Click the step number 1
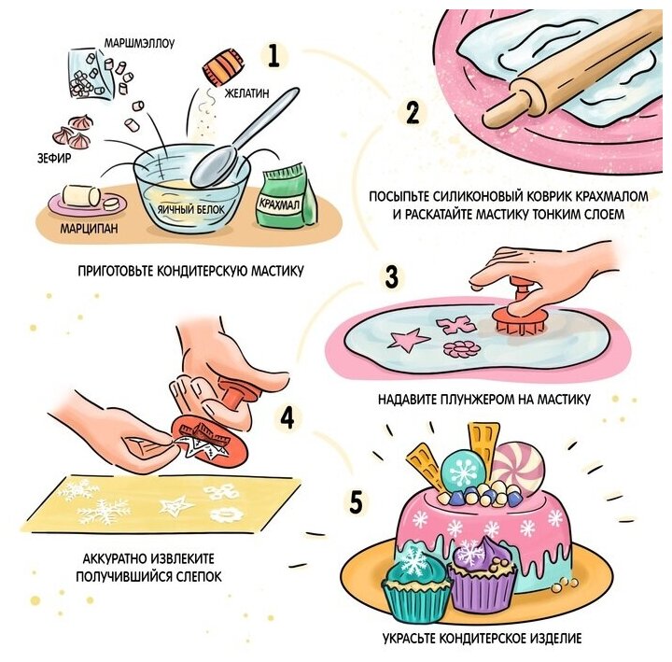pyautogui.click(x=273, y=56)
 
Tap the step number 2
pyautogui.click(x=413, y=113)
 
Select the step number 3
pyautogui.click(x=391, y=276)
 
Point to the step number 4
pyautogui.click(x=287, y=417)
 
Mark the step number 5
pyautogui.click(x=357, y=502)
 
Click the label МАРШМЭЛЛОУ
pyautogui.click(x=140, y=43)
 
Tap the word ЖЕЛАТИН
pyautogui.click(x=246, y=92)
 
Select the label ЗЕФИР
pyautogui.click(x=54, y=158)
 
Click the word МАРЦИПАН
pyautogui.click(x=89, y=228)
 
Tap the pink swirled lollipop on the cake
pyautogui.click(x=517, y=467)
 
